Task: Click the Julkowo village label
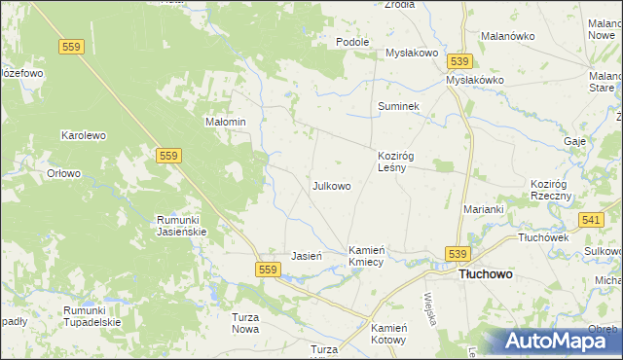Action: point(331,185)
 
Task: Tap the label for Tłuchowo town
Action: point(485,275)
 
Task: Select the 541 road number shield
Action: point(590,221)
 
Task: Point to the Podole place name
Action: point(352,42)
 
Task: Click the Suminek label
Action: point(398,106)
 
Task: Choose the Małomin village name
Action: point(224,123)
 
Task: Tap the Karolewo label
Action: point(84,136)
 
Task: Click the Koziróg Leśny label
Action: point(398,161)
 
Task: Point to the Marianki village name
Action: point(483,209)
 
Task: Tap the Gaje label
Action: point(574,142)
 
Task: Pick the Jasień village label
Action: point(307,257)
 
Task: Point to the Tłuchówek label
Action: point(543,237)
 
